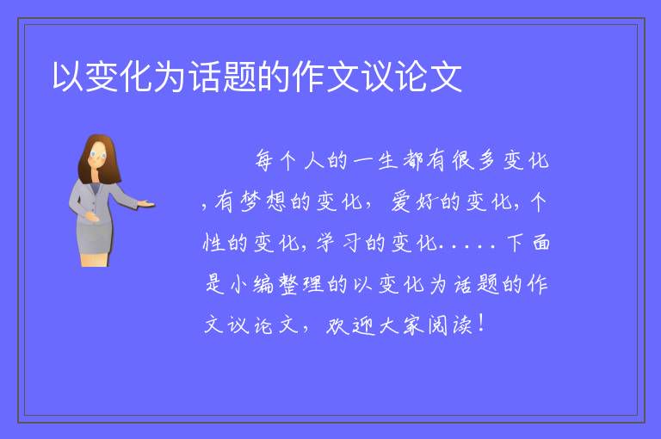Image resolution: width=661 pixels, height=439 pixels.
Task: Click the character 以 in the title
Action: [68, 77]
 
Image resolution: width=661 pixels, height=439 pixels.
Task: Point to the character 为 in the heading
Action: [170, 77]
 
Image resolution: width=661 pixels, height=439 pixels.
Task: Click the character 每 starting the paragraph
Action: [264, 161]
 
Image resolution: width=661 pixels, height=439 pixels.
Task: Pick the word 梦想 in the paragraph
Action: [263, 201]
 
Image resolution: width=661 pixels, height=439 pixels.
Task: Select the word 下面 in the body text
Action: [528, 243]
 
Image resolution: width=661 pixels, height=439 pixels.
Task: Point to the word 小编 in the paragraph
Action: [252, 284]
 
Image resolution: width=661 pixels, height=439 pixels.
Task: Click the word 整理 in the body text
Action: [301, 284]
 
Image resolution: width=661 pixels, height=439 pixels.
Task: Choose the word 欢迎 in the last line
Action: [349, 325]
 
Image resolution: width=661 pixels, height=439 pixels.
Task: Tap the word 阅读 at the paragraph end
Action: [450, 325]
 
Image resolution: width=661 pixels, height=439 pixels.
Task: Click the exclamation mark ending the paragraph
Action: [481, 323]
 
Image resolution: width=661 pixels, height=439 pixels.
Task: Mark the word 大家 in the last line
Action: [400, 325]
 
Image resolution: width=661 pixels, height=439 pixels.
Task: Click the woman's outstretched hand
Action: [145, 204]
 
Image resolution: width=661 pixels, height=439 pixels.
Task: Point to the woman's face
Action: [98, 155]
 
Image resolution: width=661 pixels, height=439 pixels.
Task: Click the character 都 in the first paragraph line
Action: [413, 161]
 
